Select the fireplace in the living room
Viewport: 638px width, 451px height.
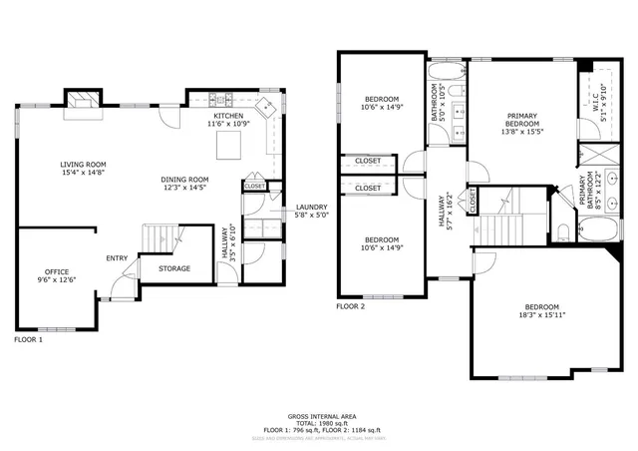[x=83, y=98]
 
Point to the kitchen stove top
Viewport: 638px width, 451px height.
[x=227, y=100]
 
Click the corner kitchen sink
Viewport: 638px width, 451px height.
[x=267, y=108]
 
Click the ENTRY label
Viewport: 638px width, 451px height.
[x=117, y=259]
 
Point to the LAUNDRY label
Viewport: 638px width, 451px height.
[x=310, y=208]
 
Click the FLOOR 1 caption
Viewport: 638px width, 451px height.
[x=28, y=340]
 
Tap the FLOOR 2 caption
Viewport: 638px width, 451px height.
[x=351, y=306]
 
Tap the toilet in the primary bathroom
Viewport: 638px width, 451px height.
[x=563, y=232]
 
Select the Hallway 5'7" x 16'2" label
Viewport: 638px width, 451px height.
[x=444, y=212]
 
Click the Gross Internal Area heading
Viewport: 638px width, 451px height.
[x=321, y=415]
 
